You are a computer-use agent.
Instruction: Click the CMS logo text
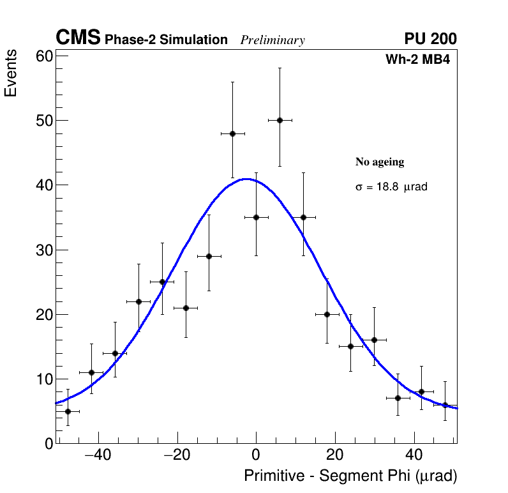point(78,38)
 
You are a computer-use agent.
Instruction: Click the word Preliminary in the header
point(273,40)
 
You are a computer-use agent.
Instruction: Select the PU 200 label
point(430,39)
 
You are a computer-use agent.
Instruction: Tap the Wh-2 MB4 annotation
point(418,60)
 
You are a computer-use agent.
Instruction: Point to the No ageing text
point(380,162)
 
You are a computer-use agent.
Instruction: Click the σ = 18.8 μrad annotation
point(391,188)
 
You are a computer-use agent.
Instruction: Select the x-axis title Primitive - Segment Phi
point(350,476)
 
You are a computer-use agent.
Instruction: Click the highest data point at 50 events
point(280,120)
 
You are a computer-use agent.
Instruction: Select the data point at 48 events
point(232,133)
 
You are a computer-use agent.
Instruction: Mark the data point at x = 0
point(256,217)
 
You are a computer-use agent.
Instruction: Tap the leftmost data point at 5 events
point(68,411)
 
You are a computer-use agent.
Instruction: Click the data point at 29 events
point(209,256)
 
